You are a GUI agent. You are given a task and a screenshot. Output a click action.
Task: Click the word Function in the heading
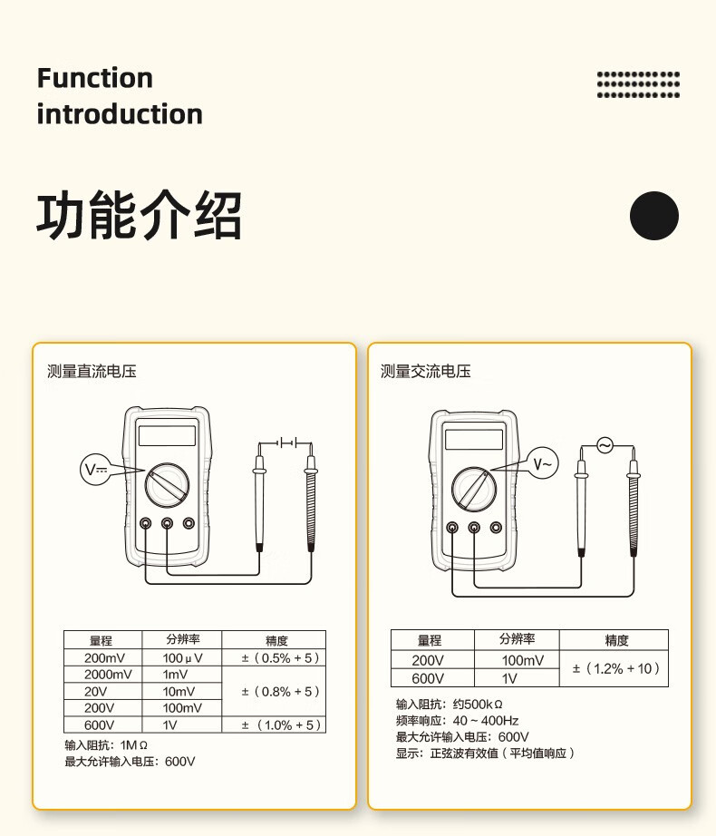click(95, 78)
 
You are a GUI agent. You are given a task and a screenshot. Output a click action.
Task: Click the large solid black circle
click(653, 216)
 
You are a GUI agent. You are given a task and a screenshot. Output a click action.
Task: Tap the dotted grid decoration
click(638, 84)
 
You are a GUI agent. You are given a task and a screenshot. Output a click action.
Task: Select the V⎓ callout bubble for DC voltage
click(95, 470)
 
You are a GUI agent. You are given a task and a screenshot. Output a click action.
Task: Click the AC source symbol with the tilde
click(605, 445)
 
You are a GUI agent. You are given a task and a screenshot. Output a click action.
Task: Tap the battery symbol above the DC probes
click(286, 442)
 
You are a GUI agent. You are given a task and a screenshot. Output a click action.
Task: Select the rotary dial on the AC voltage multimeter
click(473, 491)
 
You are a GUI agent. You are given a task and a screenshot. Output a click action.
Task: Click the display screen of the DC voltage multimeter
click(167, 436)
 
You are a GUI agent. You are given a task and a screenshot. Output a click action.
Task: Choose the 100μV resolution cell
click(182, 658)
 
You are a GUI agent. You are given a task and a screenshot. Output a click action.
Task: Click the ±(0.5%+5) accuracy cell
click(273, 658)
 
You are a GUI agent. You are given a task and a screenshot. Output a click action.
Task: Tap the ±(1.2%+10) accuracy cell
click(614, 669)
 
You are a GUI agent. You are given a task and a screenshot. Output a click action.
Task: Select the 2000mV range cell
click(107, 675)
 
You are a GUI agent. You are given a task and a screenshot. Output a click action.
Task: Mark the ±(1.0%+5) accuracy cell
click(273, 724)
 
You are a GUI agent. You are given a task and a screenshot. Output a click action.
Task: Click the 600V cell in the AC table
click(428, 678)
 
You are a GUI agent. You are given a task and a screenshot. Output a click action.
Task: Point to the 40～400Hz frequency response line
click(458, 720)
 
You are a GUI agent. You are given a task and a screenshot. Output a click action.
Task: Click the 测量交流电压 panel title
click(425, 371)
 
